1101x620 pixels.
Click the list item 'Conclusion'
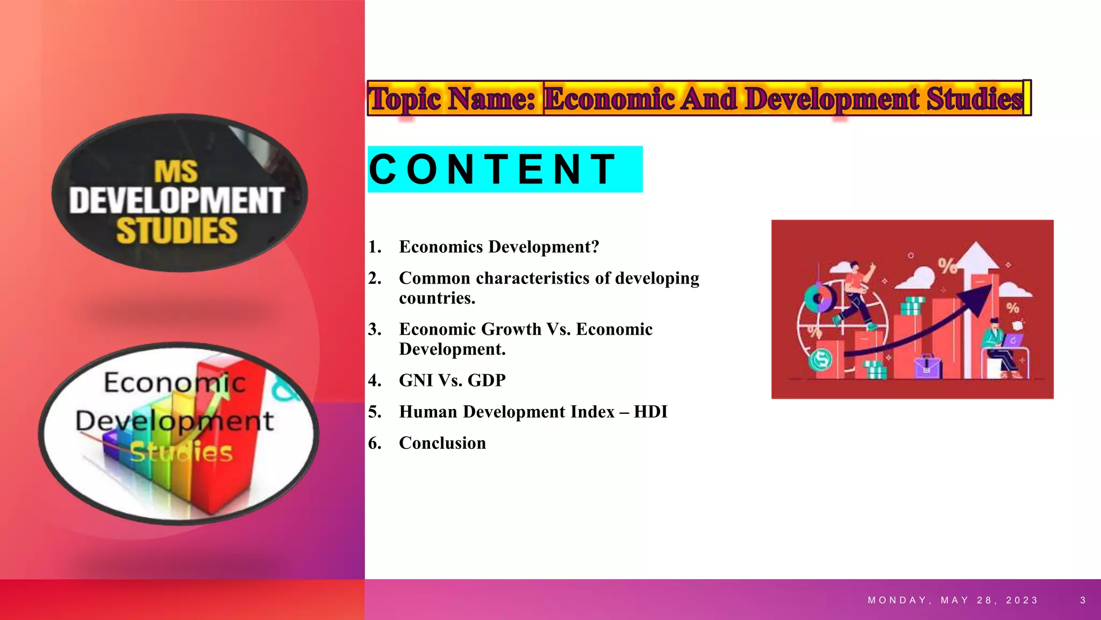442,443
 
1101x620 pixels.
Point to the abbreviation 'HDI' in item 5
650,412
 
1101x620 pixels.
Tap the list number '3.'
375,329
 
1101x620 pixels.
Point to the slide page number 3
1083,600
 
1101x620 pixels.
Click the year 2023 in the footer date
1022,600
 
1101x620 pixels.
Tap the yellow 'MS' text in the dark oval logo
176,172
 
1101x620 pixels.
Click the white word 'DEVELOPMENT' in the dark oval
176,200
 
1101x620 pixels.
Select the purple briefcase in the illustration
927,367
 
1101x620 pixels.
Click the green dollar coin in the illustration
820,359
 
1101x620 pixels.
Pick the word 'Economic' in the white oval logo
175,383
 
